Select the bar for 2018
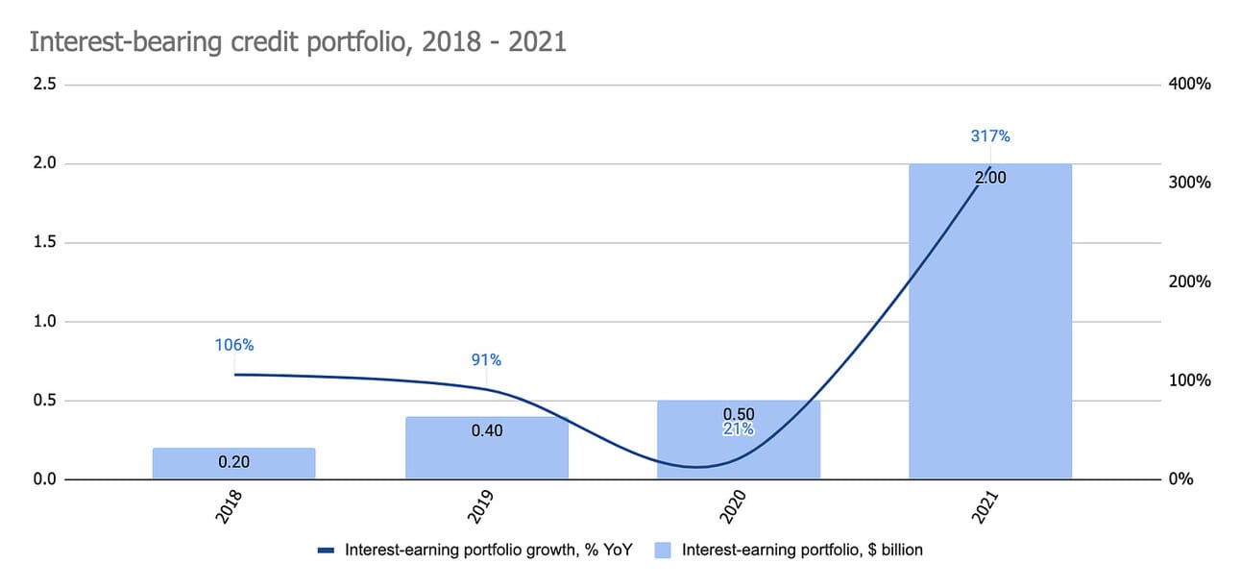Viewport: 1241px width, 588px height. (233, 463)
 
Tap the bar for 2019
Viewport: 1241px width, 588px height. (486, 448)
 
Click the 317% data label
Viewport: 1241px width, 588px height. (989, 136)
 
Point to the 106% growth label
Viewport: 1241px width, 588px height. (233, 345)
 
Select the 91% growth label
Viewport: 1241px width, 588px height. (486, 360)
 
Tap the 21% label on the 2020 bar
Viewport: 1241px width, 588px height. (738, 429)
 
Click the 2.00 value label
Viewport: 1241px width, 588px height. (989, 178)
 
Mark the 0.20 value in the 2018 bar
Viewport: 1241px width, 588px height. (233, 462)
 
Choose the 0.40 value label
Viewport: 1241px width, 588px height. (486, 431)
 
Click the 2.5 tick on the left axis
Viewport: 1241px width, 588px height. (44, 85)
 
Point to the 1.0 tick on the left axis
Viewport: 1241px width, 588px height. (44, 322)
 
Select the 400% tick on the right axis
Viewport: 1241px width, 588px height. (1189, 85)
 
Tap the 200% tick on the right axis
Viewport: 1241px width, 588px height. (1189, 282)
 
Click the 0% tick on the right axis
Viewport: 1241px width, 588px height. (1180, 479)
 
